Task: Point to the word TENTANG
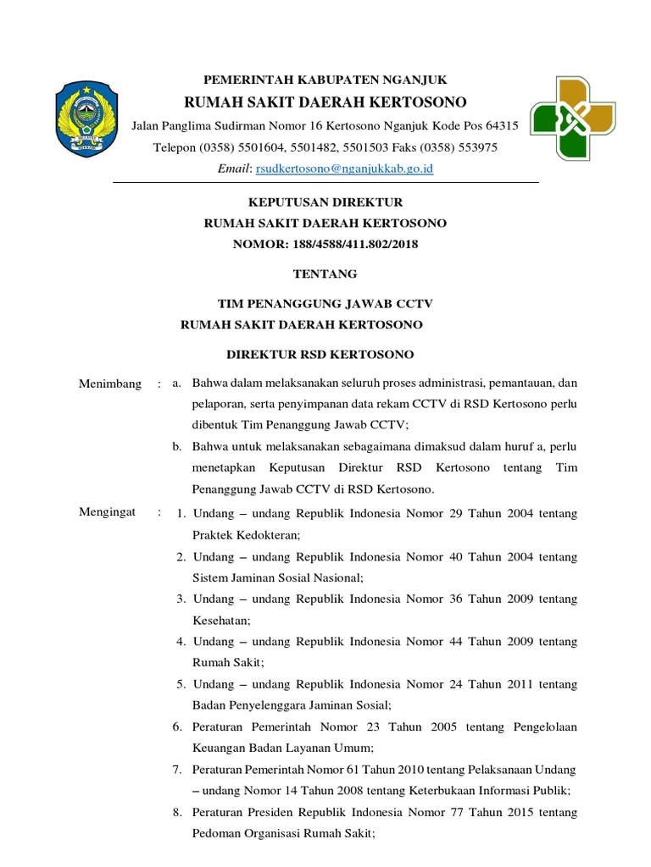click(x=325, y=273)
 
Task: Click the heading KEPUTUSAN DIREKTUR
click(x=325, y=202)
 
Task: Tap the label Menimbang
click(x=110, y=384)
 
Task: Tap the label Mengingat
click(x=108, y=512)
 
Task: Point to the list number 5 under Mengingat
click(x=181, y=683)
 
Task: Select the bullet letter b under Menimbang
click(x=177, y=445)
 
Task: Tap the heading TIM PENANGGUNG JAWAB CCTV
click(x=325, y=303)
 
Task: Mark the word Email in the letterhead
click(x=234, y=169)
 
